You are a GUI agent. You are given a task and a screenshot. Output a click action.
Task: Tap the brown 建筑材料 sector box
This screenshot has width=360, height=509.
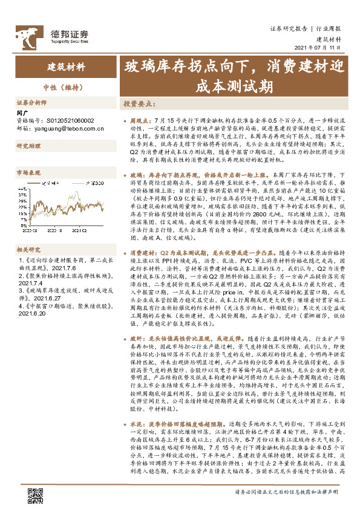tap(67, 67)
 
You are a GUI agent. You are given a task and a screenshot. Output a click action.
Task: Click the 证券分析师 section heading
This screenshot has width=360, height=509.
tap(31, 103)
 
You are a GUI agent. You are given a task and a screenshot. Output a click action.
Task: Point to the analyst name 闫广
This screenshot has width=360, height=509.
tap(22, 112)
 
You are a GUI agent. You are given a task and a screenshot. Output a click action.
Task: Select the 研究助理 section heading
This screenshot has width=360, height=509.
tap(27, 146)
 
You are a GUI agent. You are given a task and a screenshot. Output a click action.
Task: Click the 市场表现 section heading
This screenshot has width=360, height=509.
tap(27, 172)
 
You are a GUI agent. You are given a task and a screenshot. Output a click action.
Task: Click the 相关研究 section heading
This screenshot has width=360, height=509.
tap(27, 232)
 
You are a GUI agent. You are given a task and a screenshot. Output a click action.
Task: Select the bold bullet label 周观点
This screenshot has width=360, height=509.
tap(139, 122)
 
